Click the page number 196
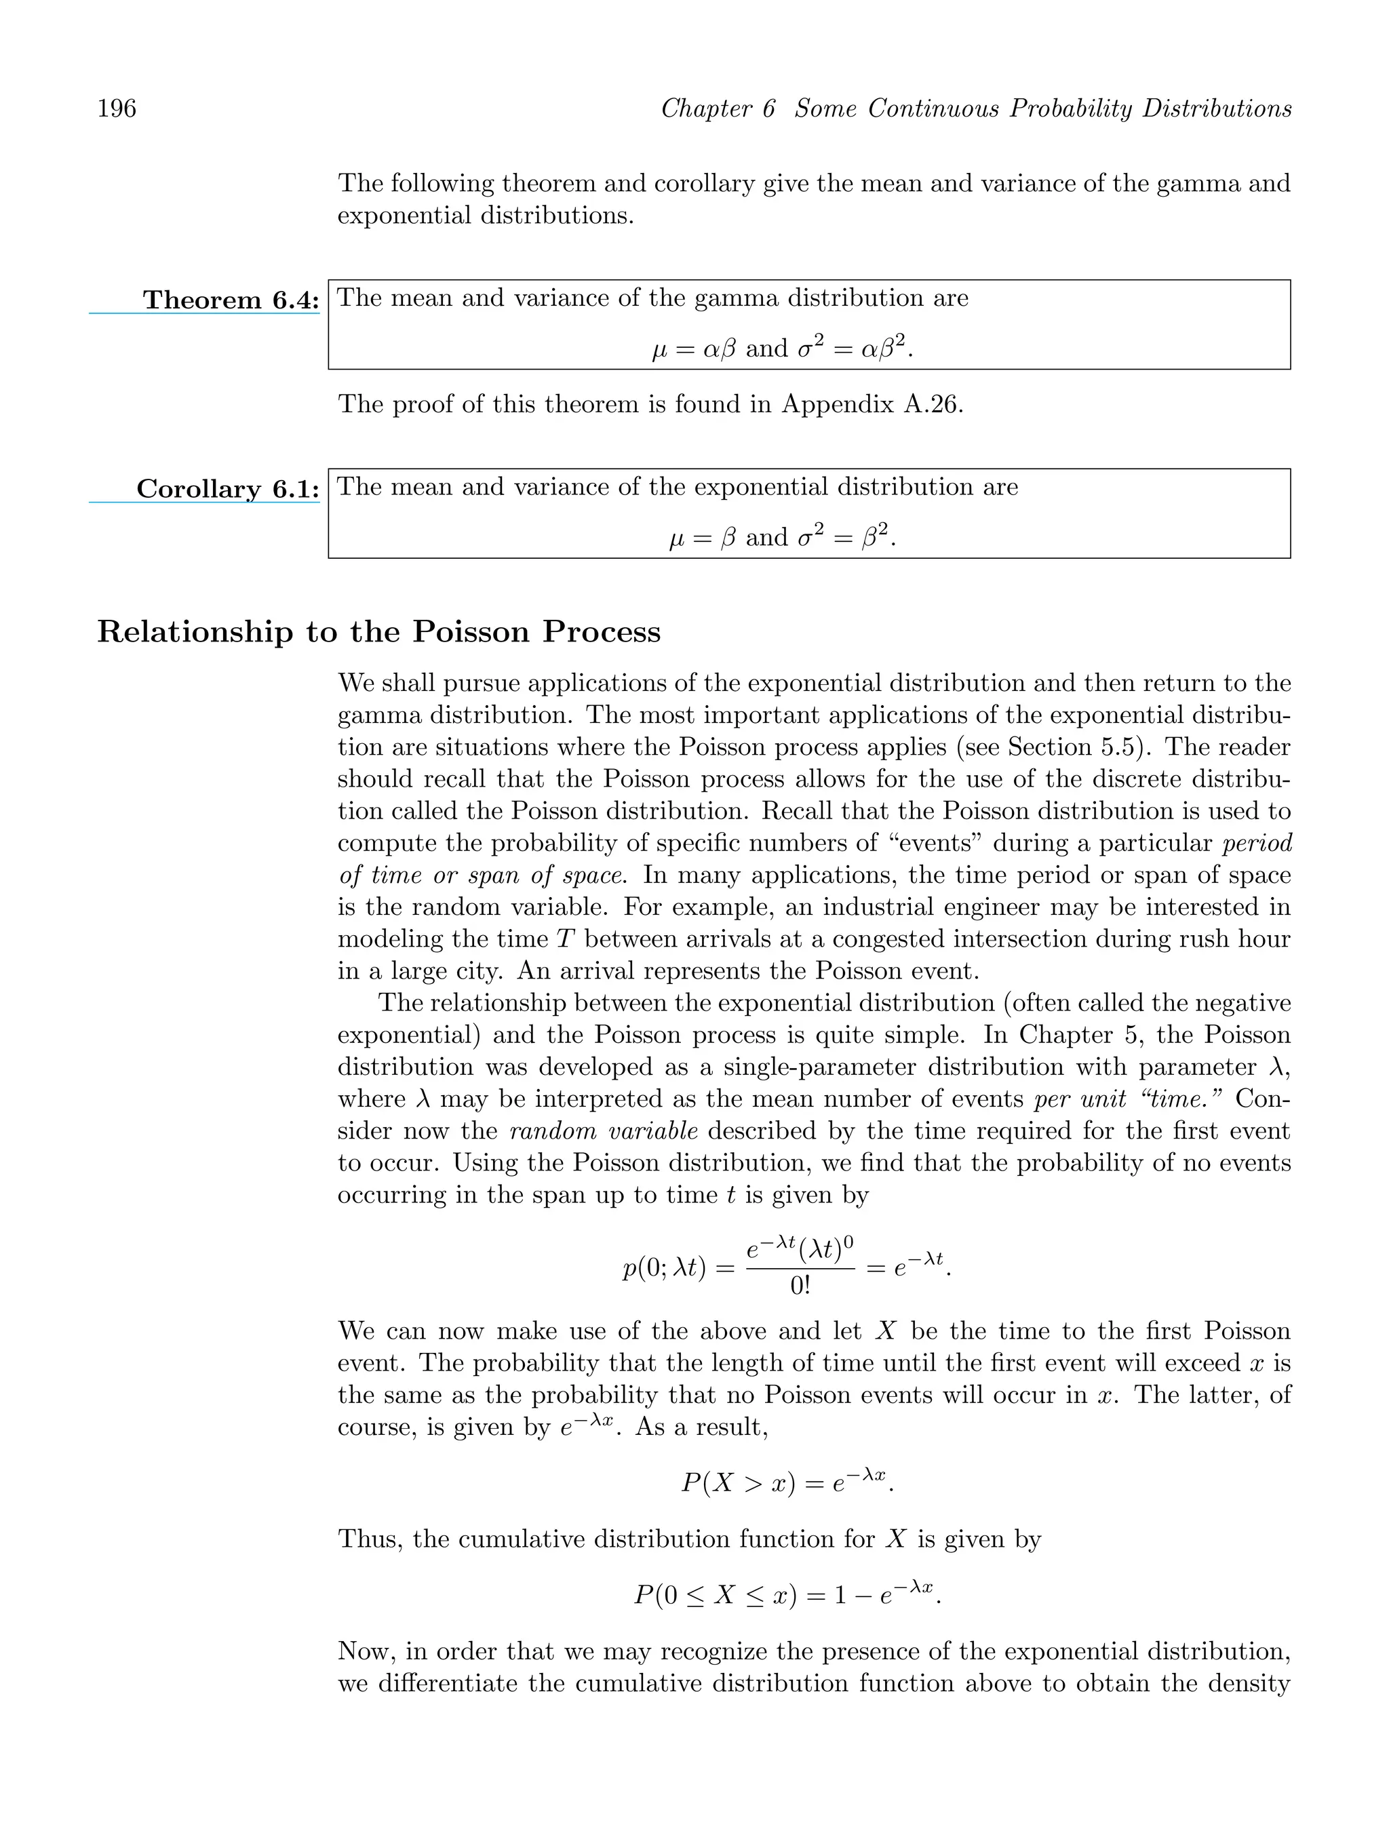[x=117, y=108]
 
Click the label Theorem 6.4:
[x=230, y=300]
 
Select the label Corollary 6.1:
[x=227, y=489]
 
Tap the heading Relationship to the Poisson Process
[x=378, y=632]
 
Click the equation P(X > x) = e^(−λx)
[x=787, y=1482]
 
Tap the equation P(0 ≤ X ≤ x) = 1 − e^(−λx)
[x=787, y=1594]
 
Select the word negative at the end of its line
[x=1237, y=1003]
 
